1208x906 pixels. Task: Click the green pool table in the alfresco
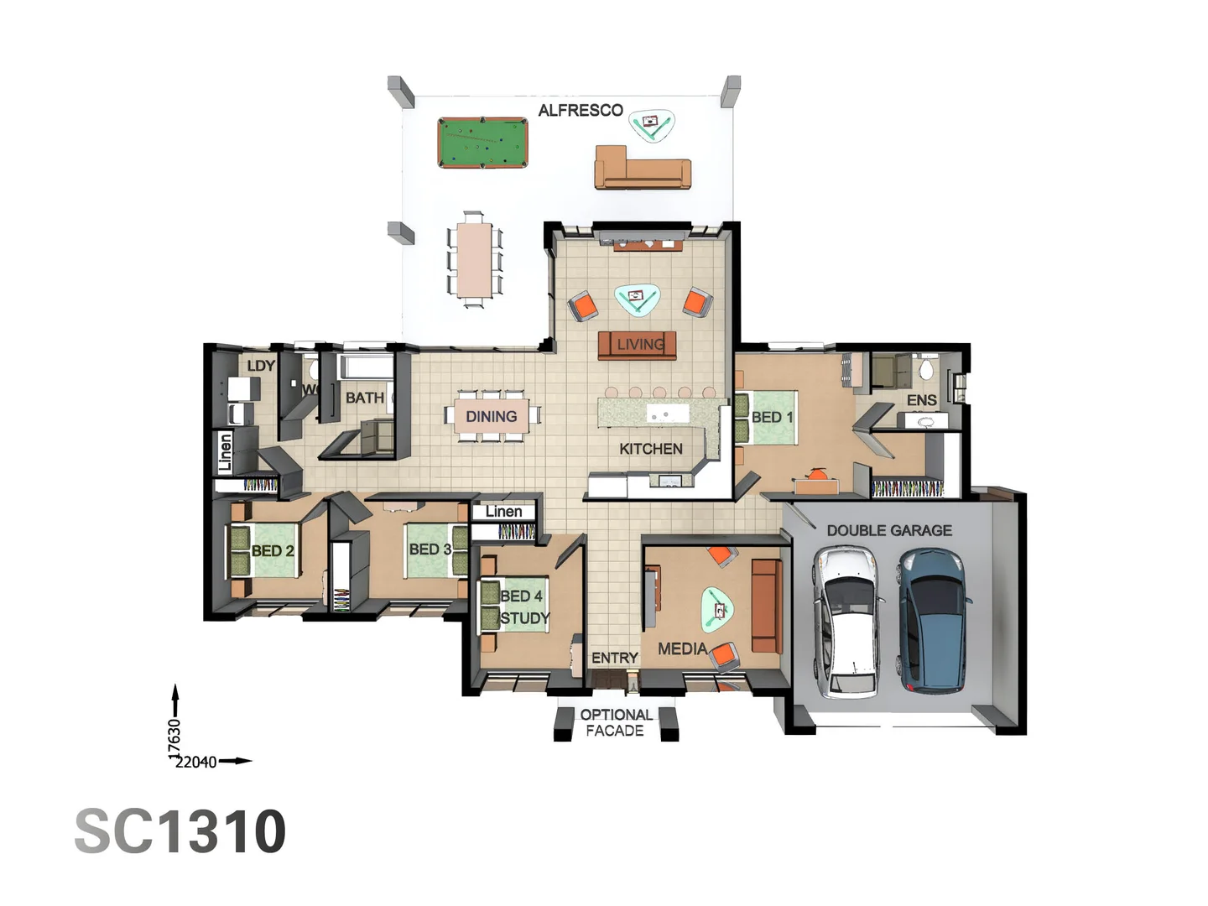coord(482,143)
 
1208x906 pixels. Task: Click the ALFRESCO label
coord(581,111)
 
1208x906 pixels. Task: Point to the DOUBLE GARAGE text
coord(889,530)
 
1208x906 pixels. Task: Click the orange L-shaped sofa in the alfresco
coord(643,169)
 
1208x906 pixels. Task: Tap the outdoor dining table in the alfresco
coord(475,259)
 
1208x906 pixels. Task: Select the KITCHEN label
coord(651,449)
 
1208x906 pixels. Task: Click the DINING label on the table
coord(492,416)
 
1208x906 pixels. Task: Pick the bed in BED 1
coord(765,417)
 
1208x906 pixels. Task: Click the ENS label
coord(921,400)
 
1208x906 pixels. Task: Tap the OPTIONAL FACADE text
coord(616,722)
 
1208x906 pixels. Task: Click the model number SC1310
coord(180,831)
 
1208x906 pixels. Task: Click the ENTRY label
coord(615,658)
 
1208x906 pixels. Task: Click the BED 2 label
coord(273,551)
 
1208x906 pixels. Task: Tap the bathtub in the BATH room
coord(365,367)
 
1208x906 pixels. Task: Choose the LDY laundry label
coord(261,366)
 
